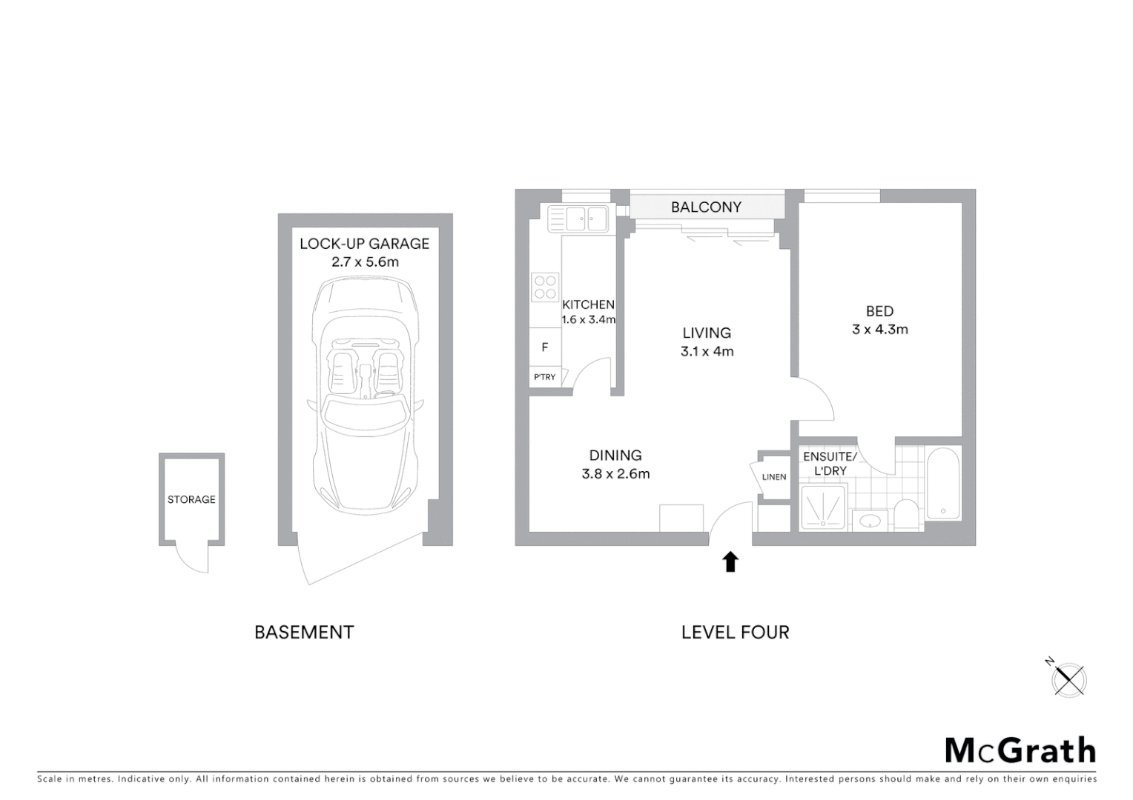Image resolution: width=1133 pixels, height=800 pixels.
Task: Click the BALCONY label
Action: point(705,207)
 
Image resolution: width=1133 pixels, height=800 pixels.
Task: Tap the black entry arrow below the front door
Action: point(730,561)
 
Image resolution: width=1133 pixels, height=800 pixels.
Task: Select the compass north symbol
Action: point(1069,679)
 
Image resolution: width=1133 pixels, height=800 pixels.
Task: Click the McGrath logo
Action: point(1020,750)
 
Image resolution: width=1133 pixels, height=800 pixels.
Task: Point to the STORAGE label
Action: point(191,500)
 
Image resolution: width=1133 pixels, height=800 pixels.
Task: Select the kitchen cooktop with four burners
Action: point(545,287)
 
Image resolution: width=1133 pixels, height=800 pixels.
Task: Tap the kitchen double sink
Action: point(578,219)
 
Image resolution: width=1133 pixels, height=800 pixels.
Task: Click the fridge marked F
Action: point(545,347)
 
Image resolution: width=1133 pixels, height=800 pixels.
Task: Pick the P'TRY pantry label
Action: point(544,377)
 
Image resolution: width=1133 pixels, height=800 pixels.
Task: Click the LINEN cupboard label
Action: point(773,477)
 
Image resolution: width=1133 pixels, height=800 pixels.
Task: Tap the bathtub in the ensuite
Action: point(942,483)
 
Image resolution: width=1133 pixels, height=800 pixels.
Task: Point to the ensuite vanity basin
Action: point(868,521)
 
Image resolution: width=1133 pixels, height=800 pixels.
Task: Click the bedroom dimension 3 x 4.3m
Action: point(879,330)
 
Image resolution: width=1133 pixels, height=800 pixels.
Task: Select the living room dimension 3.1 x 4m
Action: point(707,352)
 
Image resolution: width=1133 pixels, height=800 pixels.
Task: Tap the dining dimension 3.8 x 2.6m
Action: point(615,474)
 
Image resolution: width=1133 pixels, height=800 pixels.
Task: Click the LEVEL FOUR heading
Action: point(735,633)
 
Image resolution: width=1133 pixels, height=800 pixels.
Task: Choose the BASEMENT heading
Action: point(304,633)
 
